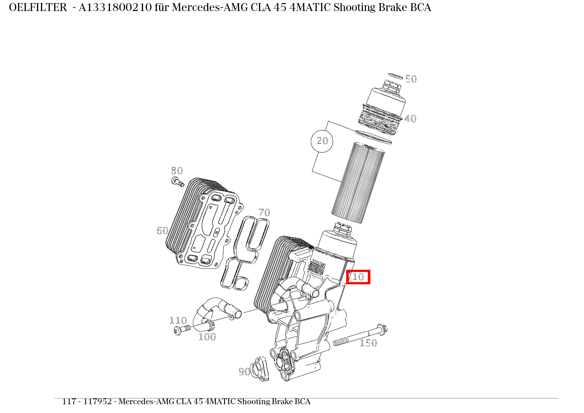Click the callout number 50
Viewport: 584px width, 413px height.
click(410, 79)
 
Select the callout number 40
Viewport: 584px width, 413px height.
click(410, 119)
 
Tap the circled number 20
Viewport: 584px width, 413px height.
click(322, 141)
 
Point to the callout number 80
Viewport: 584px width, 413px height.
click(177, 171)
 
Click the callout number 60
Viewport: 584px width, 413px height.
click(162, 231)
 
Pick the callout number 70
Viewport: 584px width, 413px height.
click(264, 213)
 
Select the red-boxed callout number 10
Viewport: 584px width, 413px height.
click(358, 277)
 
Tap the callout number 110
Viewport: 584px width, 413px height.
click(178, 320)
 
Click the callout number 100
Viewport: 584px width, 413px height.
click(207, 337)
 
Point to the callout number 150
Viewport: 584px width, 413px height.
click(368, 343)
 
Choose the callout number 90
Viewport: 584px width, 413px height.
click(244, 372)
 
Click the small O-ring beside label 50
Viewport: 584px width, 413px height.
click(395, 76)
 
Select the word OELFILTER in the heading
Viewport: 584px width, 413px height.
click(37, 8)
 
